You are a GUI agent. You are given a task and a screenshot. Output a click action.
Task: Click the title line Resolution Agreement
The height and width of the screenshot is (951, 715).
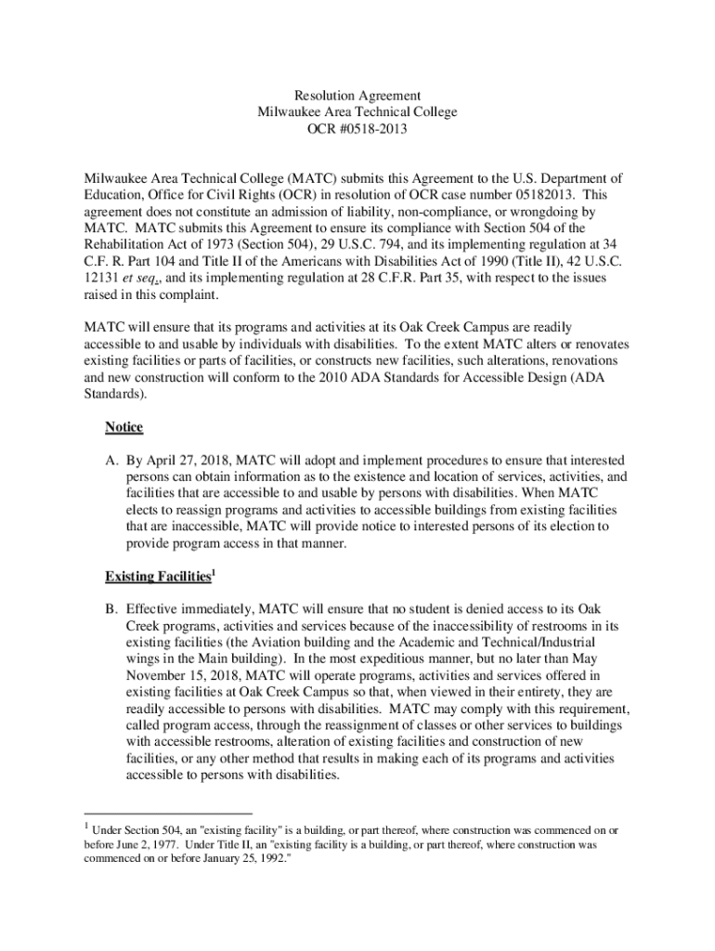[357, 96]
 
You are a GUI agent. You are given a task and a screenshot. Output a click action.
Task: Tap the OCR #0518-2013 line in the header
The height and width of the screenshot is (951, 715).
[357, 129]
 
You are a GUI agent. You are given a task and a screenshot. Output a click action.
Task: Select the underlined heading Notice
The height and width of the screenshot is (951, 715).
[123, 427]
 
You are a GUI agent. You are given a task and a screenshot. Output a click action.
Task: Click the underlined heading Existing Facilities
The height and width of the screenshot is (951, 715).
[157, 578]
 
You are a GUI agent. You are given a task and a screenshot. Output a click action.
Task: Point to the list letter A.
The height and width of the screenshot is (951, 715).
[110, 461]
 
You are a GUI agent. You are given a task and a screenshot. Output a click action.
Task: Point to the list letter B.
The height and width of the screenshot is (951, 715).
[110, 609]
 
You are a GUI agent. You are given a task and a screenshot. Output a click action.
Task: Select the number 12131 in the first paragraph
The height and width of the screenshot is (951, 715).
[103, 279]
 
